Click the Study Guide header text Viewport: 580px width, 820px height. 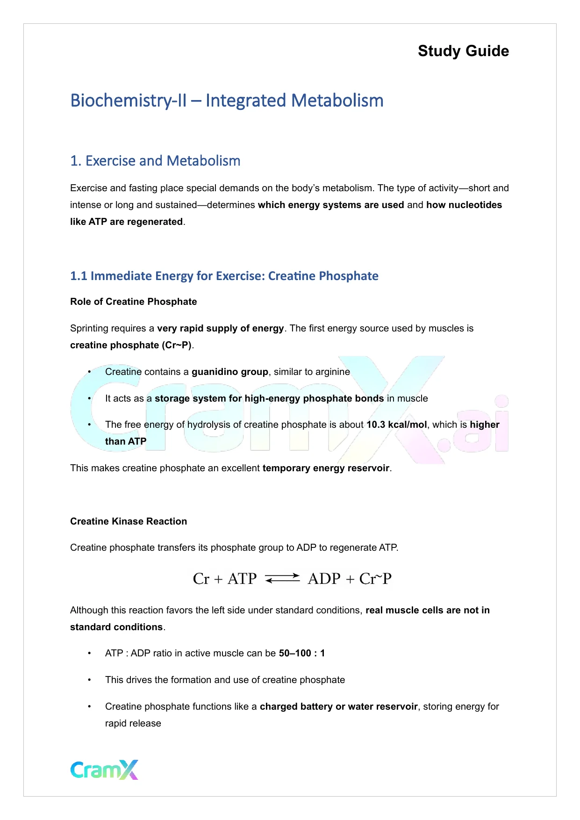click(463, 51)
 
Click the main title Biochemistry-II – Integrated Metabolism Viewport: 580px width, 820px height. click(227, 101)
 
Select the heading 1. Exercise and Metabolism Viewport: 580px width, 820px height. click(155, 161)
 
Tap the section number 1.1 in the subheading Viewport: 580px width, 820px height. click(79, 276)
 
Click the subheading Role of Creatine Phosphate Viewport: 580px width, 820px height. click(133, 302)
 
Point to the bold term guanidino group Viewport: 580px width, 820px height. click(229, 372)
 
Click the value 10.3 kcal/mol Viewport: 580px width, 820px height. click(396, 424)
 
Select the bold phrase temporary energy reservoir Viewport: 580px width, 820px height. click(326, 468)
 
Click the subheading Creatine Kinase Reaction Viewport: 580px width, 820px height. click(129, 521)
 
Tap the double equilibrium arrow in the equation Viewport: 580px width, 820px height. click(282, 578)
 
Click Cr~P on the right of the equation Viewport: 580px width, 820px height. click(375, 579)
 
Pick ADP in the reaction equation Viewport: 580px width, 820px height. click(324, 579)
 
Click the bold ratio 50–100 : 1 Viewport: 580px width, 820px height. click(302, 653)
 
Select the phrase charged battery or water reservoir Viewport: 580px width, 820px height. click(338, 706)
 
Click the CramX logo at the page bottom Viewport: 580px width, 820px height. click(104, 770)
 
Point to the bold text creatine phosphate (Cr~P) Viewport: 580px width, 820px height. click(131, 345)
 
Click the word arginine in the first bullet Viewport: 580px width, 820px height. click(332, 372)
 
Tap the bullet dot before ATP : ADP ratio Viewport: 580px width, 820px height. click(89, 653)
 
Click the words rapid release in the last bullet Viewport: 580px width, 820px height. click(133, 723)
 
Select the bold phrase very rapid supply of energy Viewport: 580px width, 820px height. click(220, 328)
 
